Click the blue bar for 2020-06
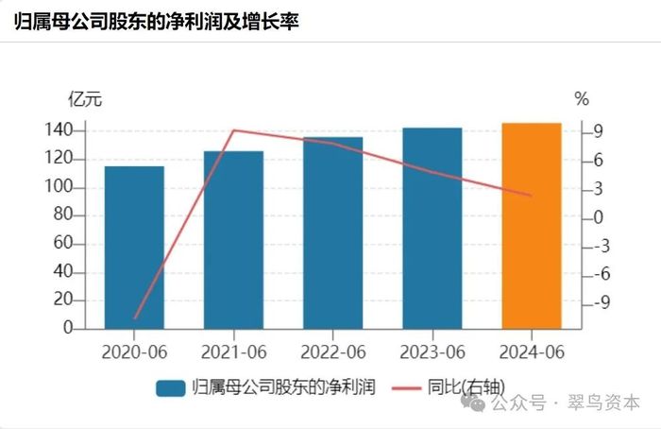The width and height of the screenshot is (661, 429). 134,248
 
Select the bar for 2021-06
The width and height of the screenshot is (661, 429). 233,240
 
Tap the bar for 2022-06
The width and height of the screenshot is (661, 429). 332,233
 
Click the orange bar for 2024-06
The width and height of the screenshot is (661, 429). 531,226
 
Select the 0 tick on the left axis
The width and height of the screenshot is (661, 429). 68,329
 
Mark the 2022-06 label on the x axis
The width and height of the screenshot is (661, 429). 332,352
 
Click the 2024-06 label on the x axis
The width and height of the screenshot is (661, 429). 531,352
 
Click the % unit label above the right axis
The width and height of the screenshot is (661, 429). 582,99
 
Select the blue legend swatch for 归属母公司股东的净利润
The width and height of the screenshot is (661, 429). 171,388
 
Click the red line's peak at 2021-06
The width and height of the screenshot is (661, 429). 234,130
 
